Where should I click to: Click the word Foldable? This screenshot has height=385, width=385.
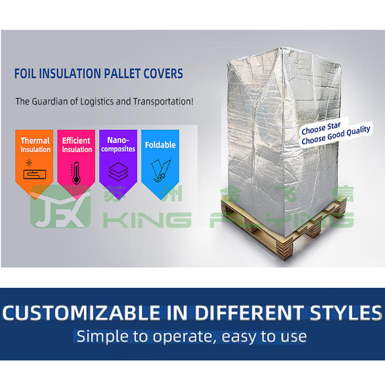point(160,145)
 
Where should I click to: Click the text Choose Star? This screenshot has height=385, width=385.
point(321,129)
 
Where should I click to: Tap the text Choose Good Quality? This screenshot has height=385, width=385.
point(336,135)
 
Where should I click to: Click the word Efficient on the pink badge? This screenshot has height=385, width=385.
point(76,141)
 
